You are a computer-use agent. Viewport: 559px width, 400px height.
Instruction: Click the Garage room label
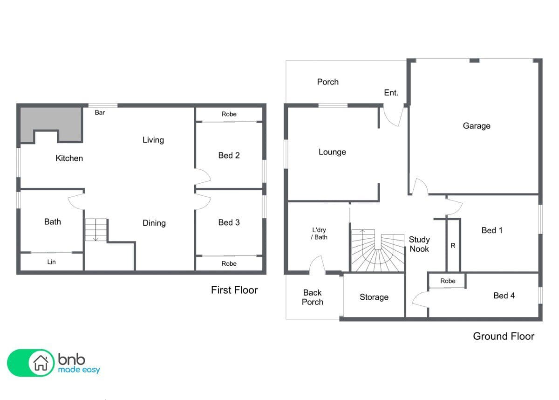pos(477,126)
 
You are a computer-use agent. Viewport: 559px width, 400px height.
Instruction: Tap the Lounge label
pos(332,152)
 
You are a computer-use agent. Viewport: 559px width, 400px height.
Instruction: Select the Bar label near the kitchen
pos(100,113)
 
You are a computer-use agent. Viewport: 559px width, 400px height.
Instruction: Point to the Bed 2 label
pos(229,155)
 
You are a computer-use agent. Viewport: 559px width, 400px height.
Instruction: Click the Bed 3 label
pos(229,222)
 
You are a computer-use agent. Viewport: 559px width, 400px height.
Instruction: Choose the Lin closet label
pos(51,262)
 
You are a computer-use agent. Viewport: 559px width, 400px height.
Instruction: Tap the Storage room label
pos(374,297)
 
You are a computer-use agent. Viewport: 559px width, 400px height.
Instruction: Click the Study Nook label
pos(419,244)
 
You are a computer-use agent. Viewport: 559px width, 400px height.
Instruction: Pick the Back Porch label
pos(312,297)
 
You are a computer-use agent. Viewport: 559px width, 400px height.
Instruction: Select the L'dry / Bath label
pos(319,234)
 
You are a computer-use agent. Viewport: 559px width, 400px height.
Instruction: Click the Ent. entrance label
pos(391,93)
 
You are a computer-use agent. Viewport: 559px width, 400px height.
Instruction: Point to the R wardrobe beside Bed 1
pos(453,246)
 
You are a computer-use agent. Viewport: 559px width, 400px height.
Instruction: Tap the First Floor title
pos(234,290)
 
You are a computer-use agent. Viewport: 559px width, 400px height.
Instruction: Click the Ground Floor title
pos(504,336)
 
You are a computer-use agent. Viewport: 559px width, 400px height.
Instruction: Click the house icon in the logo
pos(41,363)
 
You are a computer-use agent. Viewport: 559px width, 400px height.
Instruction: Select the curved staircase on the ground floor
pos(378,250)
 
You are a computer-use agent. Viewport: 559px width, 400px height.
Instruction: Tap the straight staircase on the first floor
pos(96,230)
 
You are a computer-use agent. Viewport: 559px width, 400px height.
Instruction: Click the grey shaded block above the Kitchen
pos(51,124)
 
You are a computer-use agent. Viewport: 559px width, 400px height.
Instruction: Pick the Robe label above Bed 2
pos(229,114)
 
